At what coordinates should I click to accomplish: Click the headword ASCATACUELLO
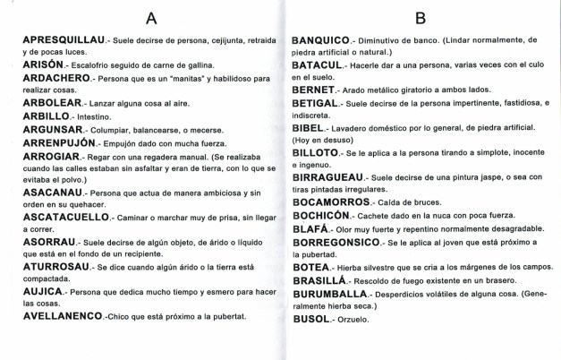55,216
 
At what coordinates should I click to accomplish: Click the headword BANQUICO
326,40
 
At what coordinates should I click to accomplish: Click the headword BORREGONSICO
341,241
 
